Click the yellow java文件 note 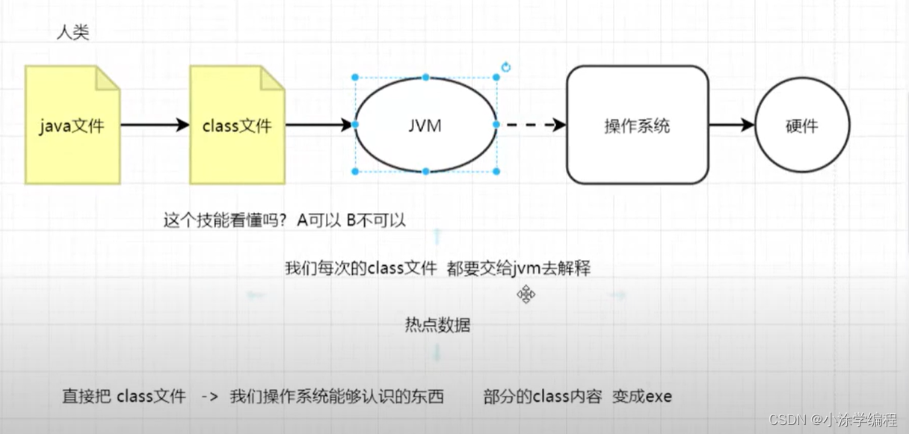tap(72, 125)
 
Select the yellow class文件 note tap(236, 125)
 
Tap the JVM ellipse tap(425, 125)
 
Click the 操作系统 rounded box tap(637, 125)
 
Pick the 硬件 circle tap(802, 125)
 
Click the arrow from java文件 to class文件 tap(154, 125)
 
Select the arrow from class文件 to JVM tap(318, 125)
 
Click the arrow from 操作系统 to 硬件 tap(731, 125)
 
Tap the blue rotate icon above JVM tap(506, 68)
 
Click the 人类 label tap(73, 34)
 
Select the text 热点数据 tap(437, 326)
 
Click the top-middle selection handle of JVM tap(425, 77)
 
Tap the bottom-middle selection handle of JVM tap(425, 172)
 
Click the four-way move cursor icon tap(526, 294)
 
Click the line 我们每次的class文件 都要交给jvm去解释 tap(437, 268)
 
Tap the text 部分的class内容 tap(542, 396)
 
